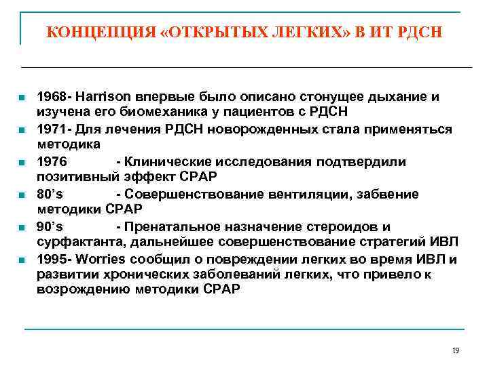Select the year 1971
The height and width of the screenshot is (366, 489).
pyautogui.click(x=52, y=129)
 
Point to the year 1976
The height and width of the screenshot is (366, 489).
pyautogui.click(x=52, y=162)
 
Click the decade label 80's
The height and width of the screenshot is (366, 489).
pyautogui.click(x=49, y=195)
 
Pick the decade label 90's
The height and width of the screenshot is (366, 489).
pyautogui.click(x=49, y=227)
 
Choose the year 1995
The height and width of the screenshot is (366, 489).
pyautogui.click(x=52, y=260)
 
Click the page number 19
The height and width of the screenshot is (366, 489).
pyautogui.click(x=455, y=350)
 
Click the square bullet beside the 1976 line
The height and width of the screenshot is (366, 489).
pyautogui.click(x=23, y=163)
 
